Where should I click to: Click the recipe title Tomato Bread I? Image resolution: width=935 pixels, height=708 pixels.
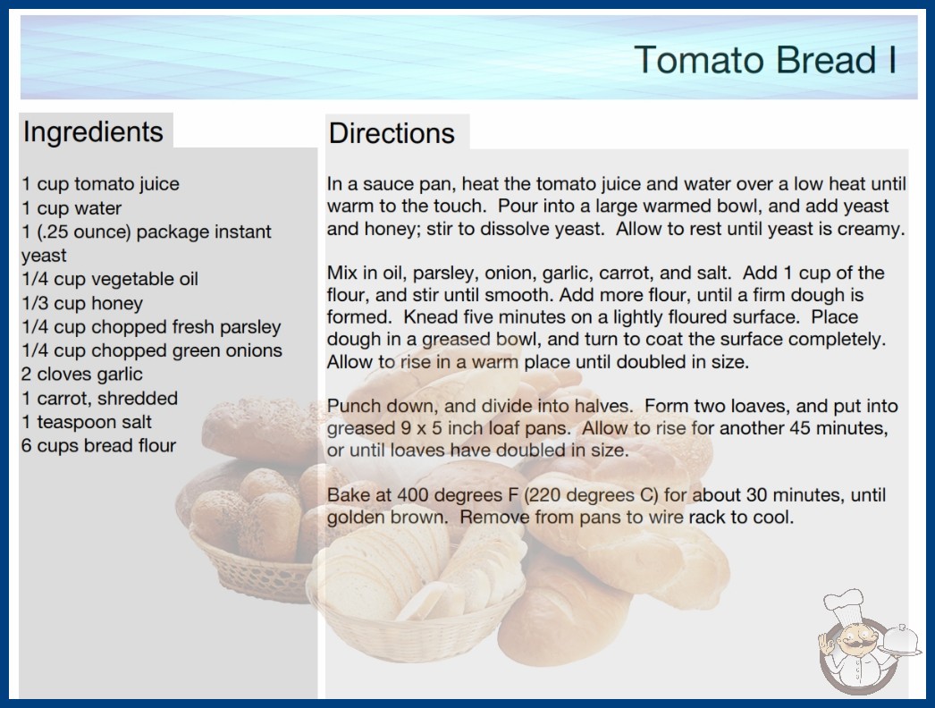[x=765, y=60]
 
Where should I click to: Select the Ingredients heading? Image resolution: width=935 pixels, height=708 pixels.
[x=93, y=132]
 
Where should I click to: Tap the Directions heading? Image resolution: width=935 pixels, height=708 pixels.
[x=392, y=133]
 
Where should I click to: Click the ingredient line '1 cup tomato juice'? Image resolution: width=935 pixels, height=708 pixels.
[x=100, y=184]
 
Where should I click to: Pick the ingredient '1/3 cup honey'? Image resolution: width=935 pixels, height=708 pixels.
[x=82, y=303]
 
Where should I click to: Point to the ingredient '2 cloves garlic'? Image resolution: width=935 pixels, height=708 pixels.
[x=81, y=374]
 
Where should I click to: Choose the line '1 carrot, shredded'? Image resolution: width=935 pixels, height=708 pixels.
[x=99, y=398]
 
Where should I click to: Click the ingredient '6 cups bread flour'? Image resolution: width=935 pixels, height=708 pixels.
[x=98, y=445]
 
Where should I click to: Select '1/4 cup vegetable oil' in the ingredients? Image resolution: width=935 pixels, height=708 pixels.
[x=110, y=279]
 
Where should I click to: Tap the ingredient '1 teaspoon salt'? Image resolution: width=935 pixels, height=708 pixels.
[x=87, y=422]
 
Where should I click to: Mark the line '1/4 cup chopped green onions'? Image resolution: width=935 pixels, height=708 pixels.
[x=152, y=350]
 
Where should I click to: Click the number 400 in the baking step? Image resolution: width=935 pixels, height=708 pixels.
[x=413, y=495]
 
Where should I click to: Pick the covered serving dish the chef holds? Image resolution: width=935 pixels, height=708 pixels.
[x=900, y=640]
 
